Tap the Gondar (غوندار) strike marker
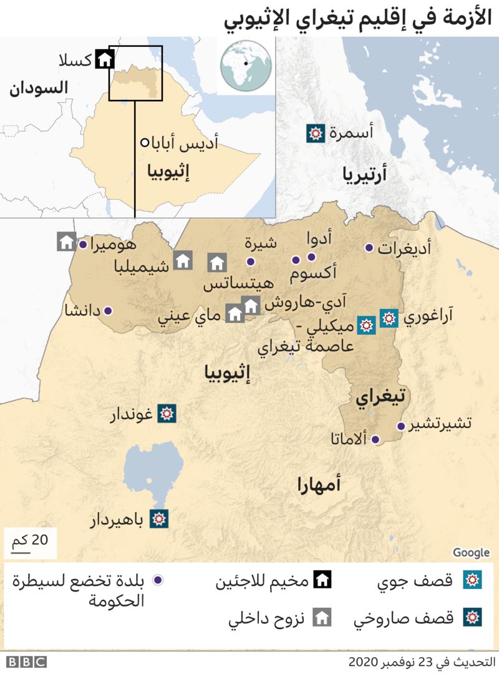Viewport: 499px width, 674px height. (x=167, y=413)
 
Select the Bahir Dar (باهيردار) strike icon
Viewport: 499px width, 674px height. (x=160, y=519)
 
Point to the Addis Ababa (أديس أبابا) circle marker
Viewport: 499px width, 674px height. (x=145, y=142)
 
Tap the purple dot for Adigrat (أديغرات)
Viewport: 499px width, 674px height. (x=369, y=248)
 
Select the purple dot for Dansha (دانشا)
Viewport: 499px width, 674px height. (x=108, y=310)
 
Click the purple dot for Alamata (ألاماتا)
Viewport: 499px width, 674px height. (x=375, y=439)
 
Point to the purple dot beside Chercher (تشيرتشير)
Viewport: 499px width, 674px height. (x=400, y=426)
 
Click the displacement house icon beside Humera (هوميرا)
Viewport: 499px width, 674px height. (x=67, y=242)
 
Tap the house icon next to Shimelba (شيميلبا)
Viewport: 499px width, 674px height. (x=182, y=260)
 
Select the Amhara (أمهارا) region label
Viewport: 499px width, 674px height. (x=319, y=484)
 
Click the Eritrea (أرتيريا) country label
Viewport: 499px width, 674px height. (x=364, y=175)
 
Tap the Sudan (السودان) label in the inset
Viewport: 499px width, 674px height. (x=38, y=88)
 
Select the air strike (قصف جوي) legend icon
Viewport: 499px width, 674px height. (x=472, y=580)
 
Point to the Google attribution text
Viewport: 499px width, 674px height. (x=471, y=552)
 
